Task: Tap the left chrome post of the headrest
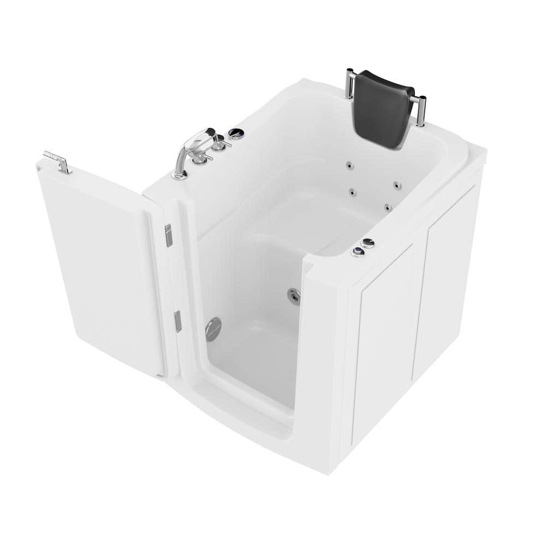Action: [349, 85]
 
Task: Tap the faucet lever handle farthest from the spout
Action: [219, 144]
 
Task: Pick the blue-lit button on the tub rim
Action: [358, 252]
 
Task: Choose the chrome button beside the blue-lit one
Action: [368, 243]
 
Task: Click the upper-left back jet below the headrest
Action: [348, 164]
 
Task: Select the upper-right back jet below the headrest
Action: [397, 186]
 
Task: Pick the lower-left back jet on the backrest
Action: [352, 192]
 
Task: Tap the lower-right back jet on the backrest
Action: [387, 207]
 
